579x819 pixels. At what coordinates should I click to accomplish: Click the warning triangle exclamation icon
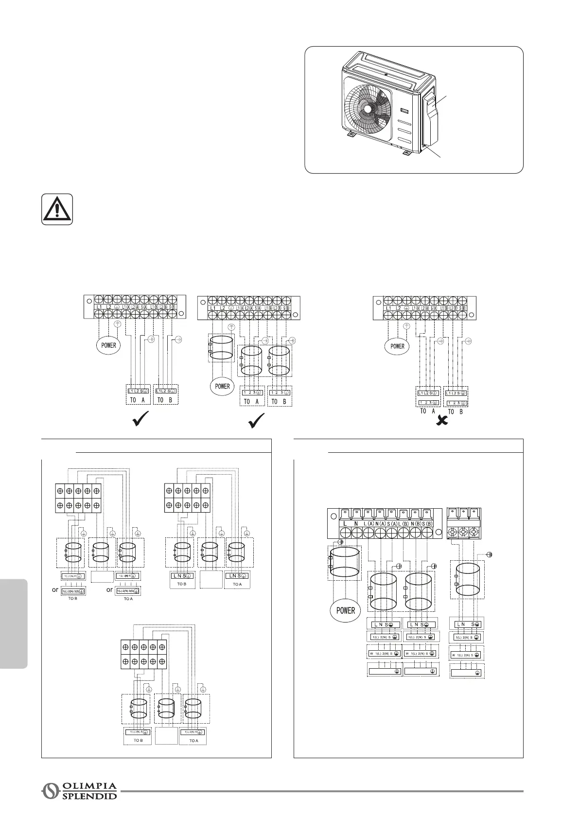pyautogui.click(x=57, y=209)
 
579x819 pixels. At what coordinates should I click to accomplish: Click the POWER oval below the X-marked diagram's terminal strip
pyautogui.click(x=397, y=346)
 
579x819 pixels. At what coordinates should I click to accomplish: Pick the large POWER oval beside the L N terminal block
pyautogui.click(x=345, y=610)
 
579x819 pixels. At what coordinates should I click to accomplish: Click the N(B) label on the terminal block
pyautogui.click(x=415, y=523)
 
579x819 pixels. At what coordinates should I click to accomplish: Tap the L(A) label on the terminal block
pyautogui.click(x=369, y=523)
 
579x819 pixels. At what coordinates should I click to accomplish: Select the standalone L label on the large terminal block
pyautogui.click(x=345, y=523)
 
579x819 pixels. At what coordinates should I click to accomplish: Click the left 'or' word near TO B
pyautogui.click(x=55, y=589)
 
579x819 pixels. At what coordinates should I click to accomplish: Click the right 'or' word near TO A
pyautogui.click(x=109, y=589)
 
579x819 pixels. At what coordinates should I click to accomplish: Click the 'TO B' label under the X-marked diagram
pyautogui.click(x=455, y=411)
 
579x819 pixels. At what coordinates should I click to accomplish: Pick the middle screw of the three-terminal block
pyautogui.click(x=464, y=532)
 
